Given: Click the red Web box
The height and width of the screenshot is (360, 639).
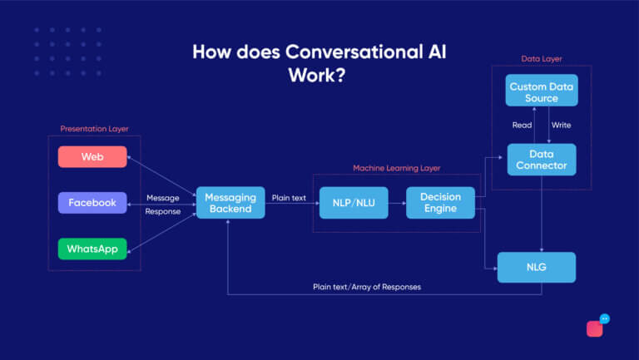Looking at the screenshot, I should pos(92,156).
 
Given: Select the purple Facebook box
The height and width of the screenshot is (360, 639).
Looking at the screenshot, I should pos(92,203).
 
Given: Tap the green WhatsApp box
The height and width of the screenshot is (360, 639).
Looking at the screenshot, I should pos(92,249).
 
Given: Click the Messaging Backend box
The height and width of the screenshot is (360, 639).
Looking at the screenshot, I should pos(230,203).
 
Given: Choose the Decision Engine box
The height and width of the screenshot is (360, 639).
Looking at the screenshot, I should pos(440,203).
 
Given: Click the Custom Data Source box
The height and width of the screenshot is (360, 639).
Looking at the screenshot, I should pos(542,92).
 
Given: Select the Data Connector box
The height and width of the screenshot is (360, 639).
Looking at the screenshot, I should pos(542,160).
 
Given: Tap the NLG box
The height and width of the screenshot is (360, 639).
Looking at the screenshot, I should pos(537,268).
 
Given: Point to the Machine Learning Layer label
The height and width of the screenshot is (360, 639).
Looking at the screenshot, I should pos(397,168).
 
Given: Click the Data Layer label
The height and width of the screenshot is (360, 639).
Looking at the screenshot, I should pos(541,59).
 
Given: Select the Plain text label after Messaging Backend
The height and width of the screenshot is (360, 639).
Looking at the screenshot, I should pos(289,198).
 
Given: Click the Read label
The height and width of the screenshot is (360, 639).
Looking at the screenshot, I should pos(522,126).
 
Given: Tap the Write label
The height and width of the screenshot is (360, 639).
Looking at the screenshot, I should pos(561,126).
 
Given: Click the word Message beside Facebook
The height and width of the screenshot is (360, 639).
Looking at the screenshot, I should pos(162,198).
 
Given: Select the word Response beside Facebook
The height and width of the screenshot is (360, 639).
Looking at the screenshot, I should pos(162,211).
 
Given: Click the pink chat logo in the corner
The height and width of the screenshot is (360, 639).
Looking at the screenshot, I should pos(597,327).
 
